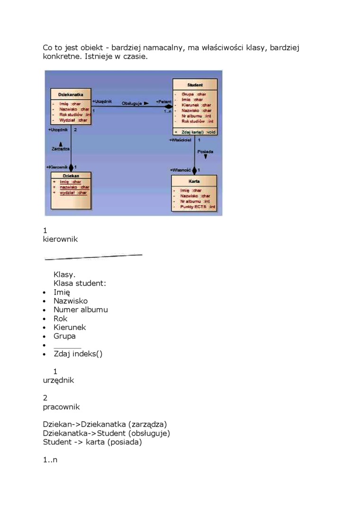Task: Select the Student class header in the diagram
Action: click(x=195, y=85)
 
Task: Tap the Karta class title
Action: click(x=194, y=181)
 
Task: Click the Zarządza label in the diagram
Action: click(x=60, y=149)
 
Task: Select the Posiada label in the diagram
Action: click(x=205, y=152)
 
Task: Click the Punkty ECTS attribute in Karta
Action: click(x=198, y=207)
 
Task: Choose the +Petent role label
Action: click(x=163, y=102)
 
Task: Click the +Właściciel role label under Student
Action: click(x=180, y=140)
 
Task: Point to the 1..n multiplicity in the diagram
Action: click(x=168, y=111)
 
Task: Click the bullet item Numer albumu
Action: click(x=81, y=310)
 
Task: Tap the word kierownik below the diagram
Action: click(x=60, y=239)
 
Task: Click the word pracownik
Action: click(x=61, y=407)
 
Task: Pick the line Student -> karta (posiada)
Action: click(x=92, y=442)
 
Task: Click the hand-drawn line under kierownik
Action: click(x=93, y=257)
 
